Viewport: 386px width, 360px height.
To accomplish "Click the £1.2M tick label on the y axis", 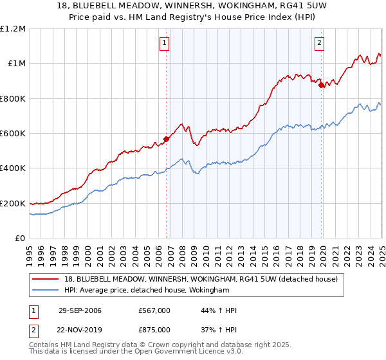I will (13, 29).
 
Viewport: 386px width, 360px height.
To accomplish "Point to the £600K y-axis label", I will (13, 134).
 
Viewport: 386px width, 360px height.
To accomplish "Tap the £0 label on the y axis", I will (21, 239).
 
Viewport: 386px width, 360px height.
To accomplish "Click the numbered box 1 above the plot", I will (164, 43).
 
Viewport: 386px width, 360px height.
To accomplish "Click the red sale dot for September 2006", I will (167, 138).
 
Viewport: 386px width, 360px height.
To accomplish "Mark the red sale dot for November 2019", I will (321, 84).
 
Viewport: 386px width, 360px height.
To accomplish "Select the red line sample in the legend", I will (46, 278).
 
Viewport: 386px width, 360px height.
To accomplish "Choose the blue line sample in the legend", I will (46, 290).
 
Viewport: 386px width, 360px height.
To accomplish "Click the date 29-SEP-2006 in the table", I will (80, 310).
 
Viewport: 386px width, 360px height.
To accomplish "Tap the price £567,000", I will (154, 310).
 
